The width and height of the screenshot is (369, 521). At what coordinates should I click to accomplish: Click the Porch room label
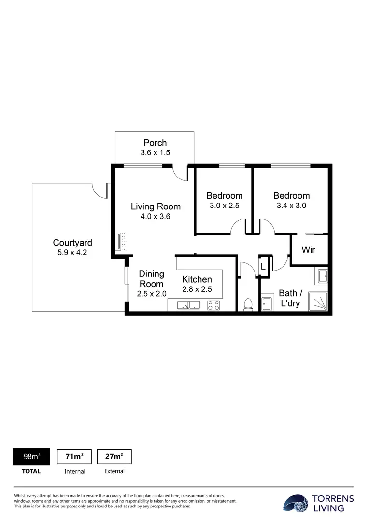[155, 143]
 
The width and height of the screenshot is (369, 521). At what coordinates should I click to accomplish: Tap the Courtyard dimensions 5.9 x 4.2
[72, 252]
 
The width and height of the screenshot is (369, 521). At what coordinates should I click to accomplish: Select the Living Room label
[156, 206]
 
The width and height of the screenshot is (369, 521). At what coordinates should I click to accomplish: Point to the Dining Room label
[151, 279]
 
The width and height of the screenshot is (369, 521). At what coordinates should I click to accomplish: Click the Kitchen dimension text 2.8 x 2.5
[197, 289]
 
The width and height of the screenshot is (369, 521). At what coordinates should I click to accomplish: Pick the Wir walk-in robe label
[308, 250]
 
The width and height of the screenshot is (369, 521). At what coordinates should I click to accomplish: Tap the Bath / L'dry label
[290, 298]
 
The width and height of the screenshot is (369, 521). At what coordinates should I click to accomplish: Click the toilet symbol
[248, 304]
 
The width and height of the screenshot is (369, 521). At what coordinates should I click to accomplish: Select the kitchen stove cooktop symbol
[213, 305]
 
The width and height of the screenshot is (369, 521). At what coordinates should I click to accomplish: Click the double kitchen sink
[189, 305]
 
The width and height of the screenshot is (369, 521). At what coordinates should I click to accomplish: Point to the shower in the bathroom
[318, 302]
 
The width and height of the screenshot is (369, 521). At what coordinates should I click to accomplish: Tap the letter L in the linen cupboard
[263, 267]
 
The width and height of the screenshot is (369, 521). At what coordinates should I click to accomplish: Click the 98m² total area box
[31, 456]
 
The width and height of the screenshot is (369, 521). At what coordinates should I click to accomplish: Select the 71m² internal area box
[74, 456]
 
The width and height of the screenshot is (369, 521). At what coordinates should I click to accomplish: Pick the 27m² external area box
[114, 456]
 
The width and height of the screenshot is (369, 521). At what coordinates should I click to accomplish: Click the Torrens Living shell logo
[296, 503]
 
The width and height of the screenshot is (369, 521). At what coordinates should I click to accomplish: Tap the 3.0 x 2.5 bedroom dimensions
[225, 206]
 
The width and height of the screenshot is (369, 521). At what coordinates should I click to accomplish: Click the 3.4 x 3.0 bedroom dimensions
[291, 206]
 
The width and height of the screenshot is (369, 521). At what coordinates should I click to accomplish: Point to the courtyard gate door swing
[99, 191]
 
